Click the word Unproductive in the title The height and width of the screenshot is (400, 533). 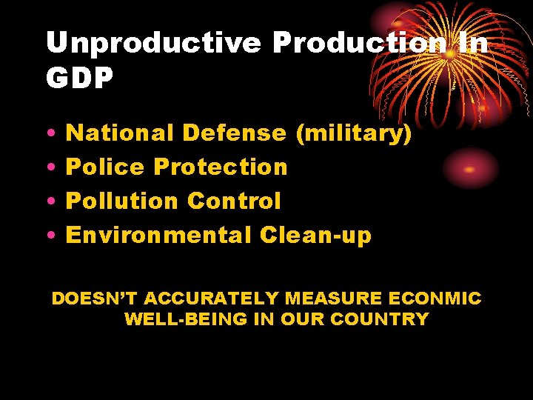tap(153, 44)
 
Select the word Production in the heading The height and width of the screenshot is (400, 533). tap(360, 44)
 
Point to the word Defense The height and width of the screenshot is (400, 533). tap(234, 133)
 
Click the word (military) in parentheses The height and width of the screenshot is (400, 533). tap(353, 134)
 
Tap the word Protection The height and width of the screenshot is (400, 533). tap(220, 167)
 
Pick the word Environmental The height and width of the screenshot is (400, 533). tap(159, 236)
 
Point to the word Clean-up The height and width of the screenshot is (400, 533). tap(315, 236)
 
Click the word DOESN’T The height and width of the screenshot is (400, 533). tap(94, 299)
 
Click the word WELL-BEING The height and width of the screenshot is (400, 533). tap(175, 319)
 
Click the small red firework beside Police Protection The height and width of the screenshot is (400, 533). tap(469, 169)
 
